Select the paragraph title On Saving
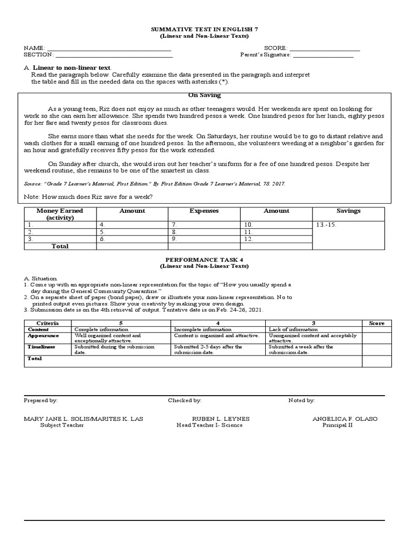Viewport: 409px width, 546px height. [204, 95]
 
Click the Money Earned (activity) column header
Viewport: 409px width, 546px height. [60, 214]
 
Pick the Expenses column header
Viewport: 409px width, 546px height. [204, 211]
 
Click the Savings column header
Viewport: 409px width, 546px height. [348, 211]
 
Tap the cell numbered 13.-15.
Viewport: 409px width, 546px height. [326, 225]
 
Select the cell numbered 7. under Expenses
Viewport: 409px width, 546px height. [174, 225]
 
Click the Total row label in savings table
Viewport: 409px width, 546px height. [60, 246]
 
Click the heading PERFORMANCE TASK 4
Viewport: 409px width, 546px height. [204, 259]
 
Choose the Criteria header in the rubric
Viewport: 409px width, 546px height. [47, 323]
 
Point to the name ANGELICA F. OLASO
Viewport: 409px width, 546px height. [345, 419]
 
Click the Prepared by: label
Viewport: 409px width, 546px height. [41, 400]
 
